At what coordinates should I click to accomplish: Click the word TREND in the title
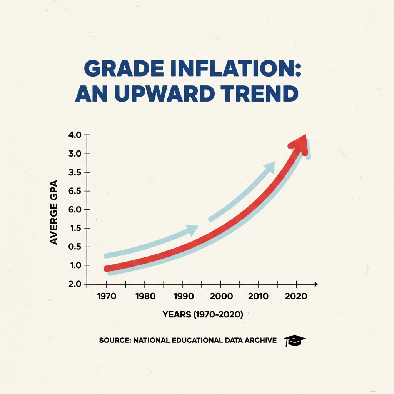pyautogui.click(x=264, y=93)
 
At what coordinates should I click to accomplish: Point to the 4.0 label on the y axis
pyautogui.click(x=75, y=135)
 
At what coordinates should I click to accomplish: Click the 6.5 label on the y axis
pyautogui.click(x=75, y=191)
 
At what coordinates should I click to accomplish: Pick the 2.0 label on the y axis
pyautogui.click(x=75, y=284)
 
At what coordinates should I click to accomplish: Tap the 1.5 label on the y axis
pyautogui.click(x=75, y=229)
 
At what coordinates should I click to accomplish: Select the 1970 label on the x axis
pyautogui.click(x=107, y=297)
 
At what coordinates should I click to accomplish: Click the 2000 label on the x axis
pyautogui.click(x=220, y=297)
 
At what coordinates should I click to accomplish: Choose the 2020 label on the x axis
pyautogui.click(x=296, y=297)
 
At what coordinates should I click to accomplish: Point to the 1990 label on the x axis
pyautogui.click(x=183, y=297)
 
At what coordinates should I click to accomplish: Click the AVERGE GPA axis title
pyautogui.click(x=54, y=212)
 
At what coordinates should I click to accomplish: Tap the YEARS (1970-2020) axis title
pyautogui.click(x=203, y=314)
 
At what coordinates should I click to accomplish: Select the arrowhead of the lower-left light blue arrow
pyautogui.click(x=192, y=230)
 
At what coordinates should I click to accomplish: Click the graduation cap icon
pyautogui.click(x=294, y=340)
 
